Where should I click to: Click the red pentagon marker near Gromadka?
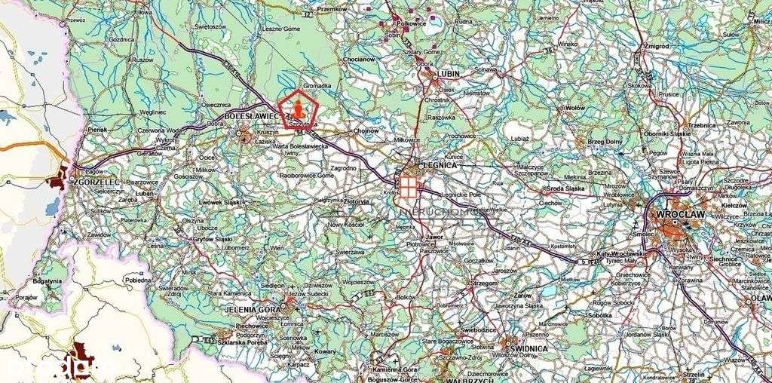(x=298, y=110)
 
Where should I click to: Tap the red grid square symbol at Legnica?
(x=408, y=186)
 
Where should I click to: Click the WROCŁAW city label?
(x=681, y=213)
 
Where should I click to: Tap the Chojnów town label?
(x=366, y=130)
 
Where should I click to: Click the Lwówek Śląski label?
(x=218, y=203)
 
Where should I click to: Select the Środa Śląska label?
(x=566, y=188)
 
